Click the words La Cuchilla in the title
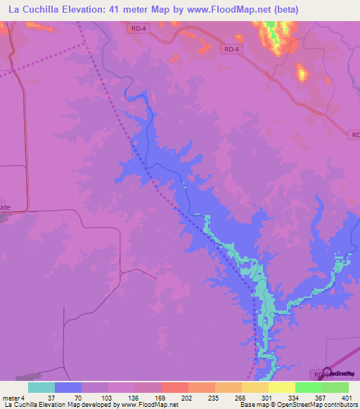[35, 10]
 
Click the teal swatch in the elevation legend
[41, 387]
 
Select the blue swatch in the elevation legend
[68, 387]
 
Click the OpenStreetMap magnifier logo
[326, 373]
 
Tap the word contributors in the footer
[341, 405]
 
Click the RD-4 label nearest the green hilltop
[232, 49]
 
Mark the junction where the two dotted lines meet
[86, 44]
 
